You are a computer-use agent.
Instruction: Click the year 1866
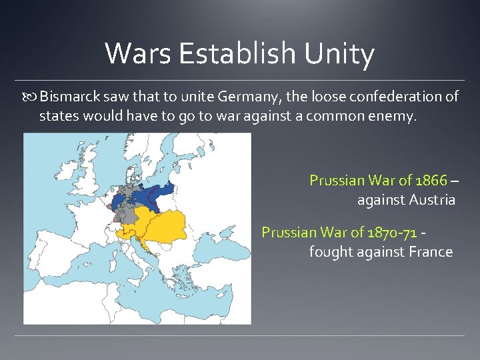pos(431,180)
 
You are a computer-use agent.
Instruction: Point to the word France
pos(429,252)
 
